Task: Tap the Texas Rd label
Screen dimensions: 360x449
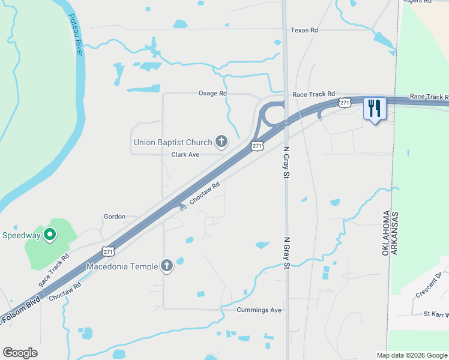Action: click(304, 30)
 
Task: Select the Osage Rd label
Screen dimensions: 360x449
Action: click(212, 94)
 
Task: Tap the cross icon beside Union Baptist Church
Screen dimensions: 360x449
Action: click(221, 142)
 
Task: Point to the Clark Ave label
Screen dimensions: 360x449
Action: click(185, 155)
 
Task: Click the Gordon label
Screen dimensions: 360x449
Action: click(115, 217)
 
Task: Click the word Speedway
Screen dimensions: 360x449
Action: click(20, 235)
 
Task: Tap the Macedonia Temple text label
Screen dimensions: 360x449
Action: click(122, 266)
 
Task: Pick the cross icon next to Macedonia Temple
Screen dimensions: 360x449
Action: click(167, 266)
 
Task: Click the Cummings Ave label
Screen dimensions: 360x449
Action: click(259, 310)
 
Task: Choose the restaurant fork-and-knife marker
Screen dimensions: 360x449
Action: click(375, 108)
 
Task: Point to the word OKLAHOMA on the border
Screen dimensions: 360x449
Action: click(386, 233)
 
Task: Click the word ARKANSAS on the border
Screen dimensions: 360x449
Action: click(395, 233)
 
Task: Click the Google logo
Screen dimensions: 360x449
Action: click(20, 353)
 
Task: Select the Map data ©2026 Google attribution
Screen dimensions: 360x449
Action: click(412, 355)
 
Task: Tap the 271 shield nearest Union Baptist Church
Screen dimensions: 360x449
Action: click(257, 146)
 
